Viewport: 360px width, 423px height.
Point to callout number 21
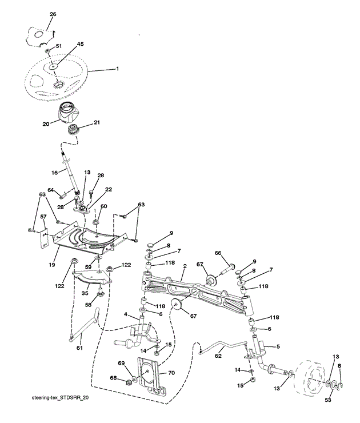pyautogui.click(x=96, y=122)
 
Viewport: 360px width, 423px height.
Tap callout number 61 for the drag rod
pyautogui.click(x=79, y=348)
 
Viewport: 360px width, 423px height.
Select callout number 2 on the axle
pyautogui.click(x=184, y=266)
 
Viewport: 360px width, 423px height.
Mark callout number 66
pyautogui.click(x=218, y=253)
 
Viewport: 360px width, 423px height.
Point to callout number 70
pyautogui.click(x=172, y=372)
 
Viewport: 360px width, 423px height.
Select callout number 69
pyautogui.click(x=121, y=364)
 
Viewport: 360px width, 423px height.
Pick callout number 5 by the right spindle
pyautogui.click(x=278, y=346)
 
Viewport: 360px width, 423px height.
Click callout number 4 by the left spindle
pyautogui.click(x=126, y=314)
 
